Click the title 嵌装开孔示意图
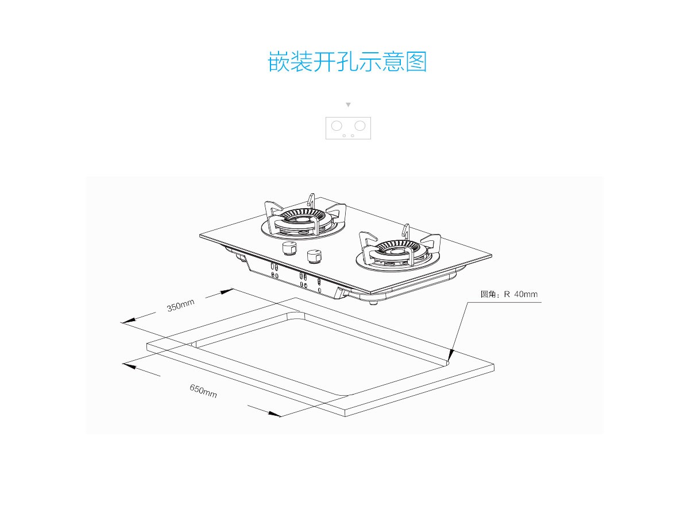(x=347, y=61)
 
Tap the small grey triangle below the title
(x=348, y=105)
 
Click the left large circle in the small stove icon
(x=337, y=126)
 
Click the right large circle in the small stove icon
(x=360, y=126)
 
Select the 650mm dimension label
(x=203, y=392)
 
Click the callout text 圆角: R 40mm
(x=509, y=295)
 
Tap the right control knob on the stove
(x=314, y=256)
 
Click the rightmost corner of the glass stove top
(x=492, y=255)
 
